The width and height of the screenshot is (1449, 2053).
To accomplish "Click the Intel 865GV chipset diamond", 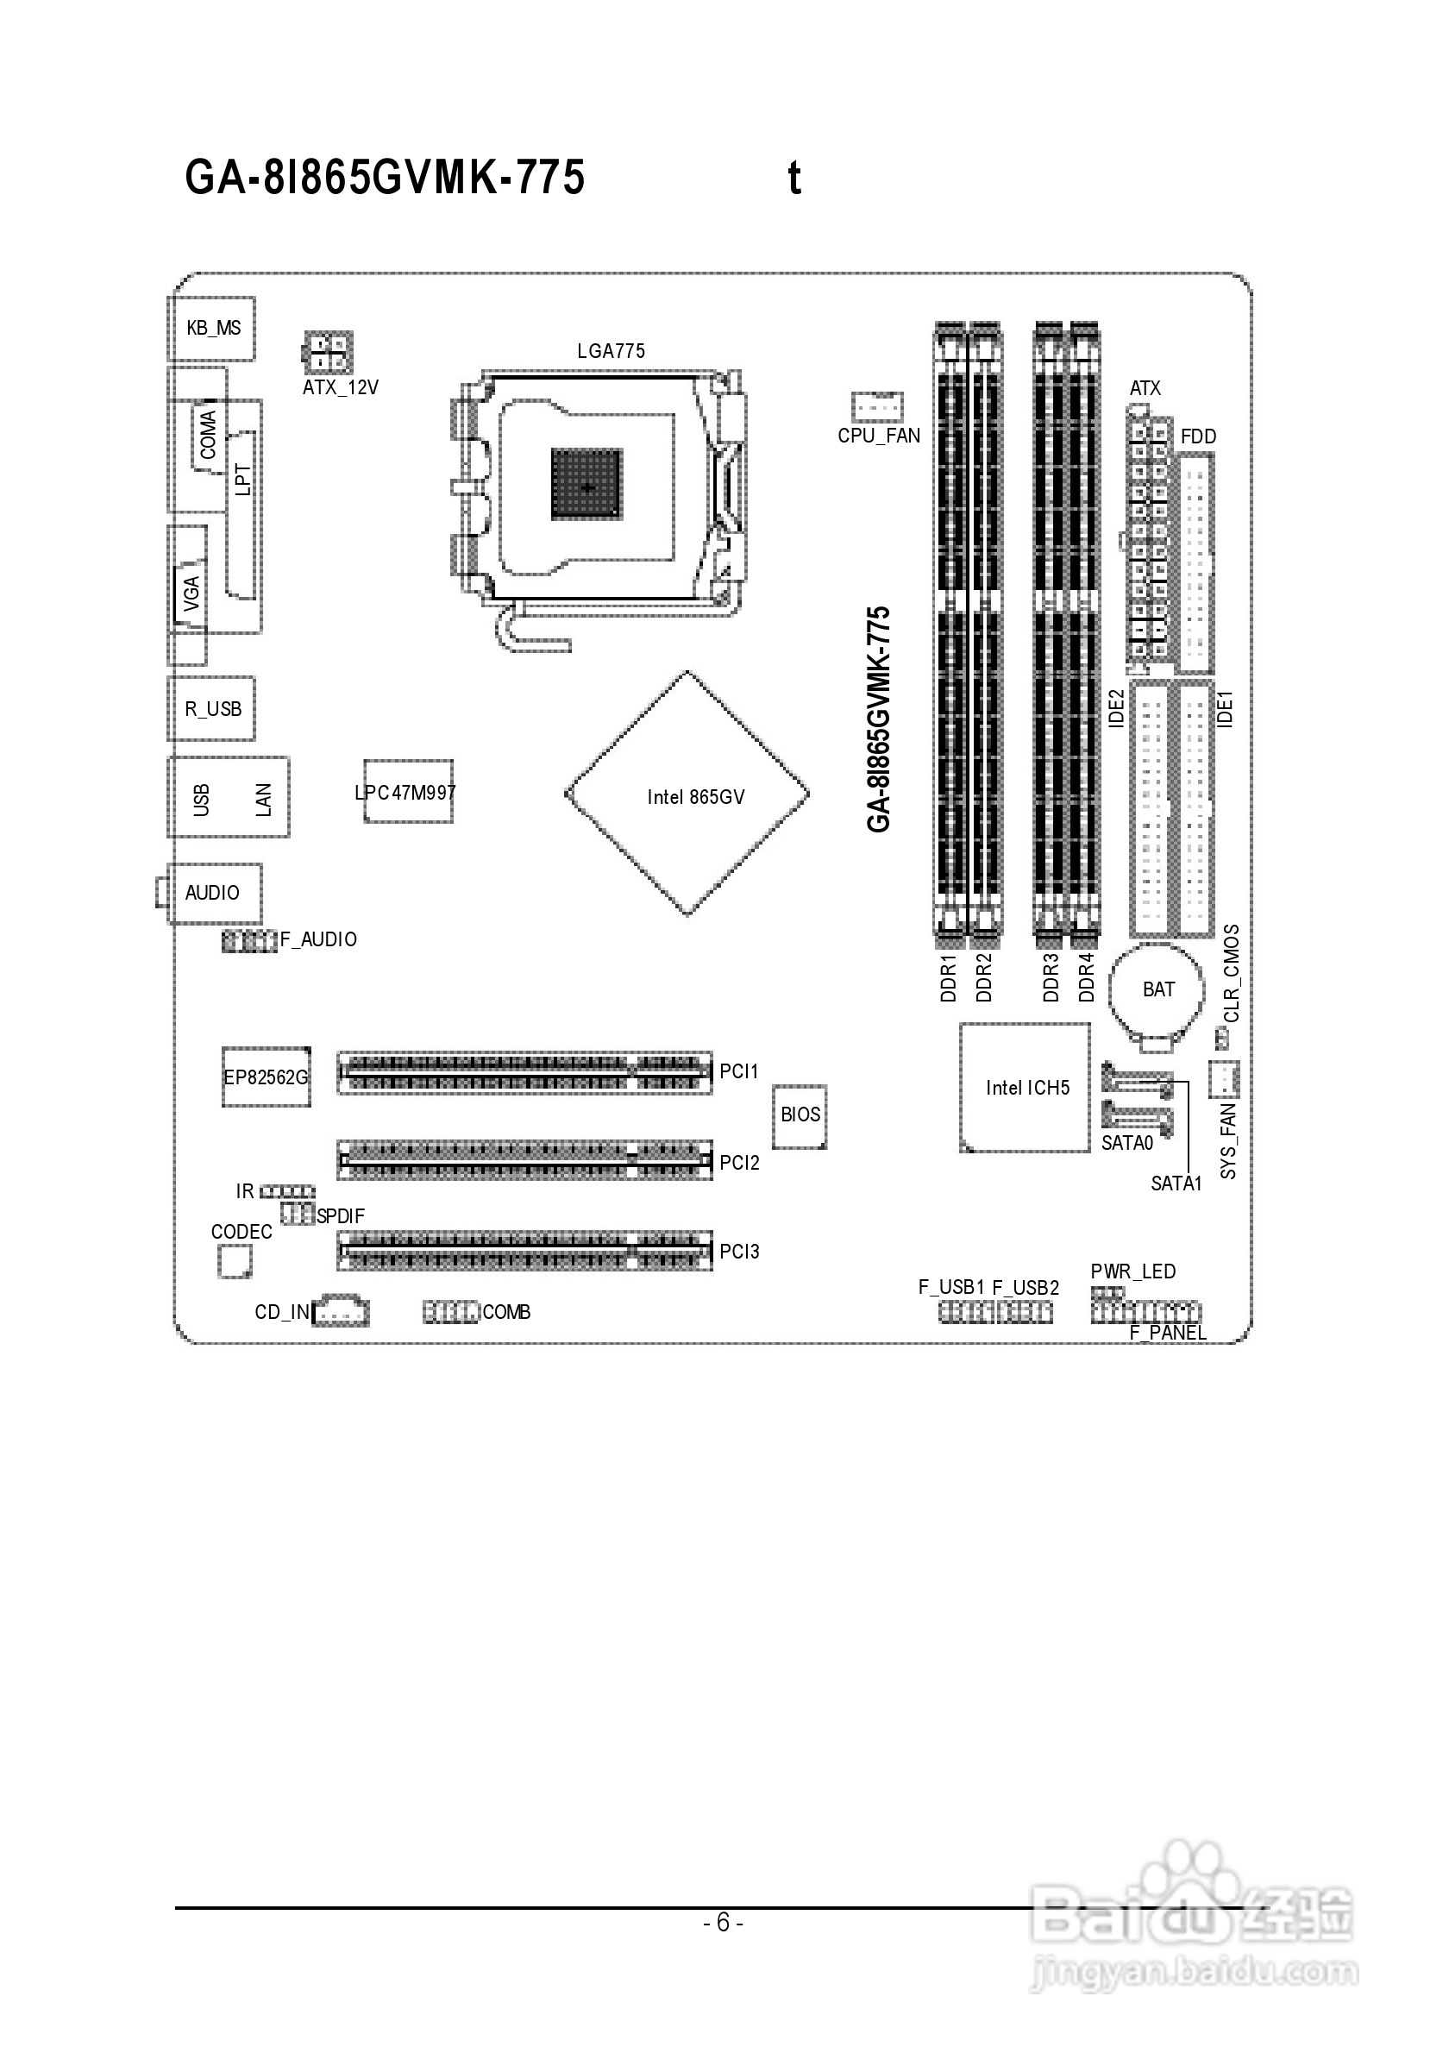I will (x=687, y=794).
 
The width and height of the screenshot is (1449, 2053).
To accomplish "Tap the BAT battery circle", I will (x=1157, y=989).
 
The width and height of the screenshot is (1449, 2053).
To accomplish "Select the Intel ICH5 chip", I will (x=1026, y=1087).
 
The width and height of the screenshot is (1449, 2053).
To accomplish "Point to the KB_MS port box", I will (x=212, y=328).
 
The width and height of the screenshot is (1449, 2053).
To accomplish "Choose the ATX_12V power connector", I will (x=328, y=353).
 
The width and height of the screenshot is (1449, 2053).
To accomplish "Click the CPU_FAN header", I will (x=876, y=407).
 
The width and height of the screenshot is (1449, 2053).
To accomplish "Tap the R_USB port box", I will (x=212, y=708).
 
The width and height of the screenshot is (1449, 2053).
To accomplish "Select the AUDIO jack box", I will (x=214, y=893).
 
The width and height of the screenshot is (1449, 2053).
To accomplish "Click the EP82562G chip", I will (x=266, y=1077).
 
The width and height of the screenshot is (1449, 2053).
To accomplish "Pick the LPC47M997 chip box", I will (x=408, y=791).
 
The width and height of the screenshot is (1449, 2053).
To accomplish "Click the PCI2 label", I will (x=739, y=1163).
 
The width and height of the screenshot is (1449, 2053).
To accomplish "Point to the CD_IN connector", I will (x=341, y=1311).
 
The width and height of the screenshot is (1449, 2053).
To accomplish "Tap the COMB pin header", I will (x=450, y=1312).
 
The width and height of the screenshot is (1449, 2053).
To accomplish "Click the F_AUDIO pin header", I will (x=248, y=940).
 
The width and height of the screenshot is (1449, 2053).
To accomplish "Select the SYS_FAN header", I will (x=1223, y=1078).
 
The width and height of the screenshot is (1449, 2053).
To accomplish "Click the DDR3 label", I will (x=1051, y=977).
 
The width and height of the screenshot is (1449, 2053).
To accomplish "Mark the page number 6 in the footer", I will (x=723, y=1922).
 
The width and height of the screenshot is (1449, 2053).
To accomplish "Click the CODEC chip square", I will (x=235, y=1262).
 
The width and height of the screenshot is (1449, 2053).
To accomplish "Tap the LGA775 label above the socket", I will (x=611, y=351).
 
